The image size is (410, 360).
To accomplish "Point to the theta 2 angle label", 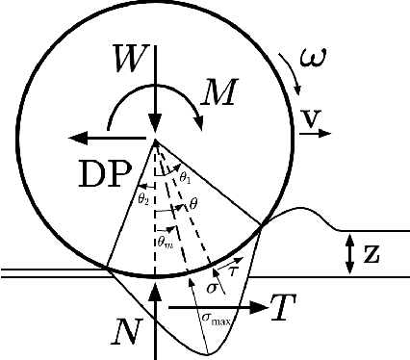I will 142,198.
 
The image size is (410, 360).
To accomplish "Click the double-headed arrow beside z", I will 348,253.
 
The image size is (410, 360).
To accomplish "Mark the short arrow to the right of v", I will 309,136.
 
